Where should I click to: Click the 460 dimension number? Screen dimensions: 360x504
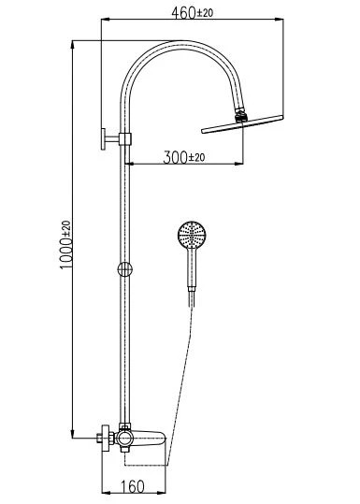(183, 13)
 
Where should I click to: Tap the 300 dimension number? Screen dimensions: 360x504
(176, 157)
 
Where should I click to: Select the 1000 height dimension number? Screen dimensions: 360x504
(66, 253)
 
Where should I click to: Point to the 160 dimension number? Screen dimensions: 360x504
(133, 486)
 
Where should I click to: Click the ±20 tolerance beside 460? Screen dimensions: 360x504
(205, 13)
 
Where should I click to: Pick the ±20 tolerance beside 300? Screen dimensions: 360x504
(196, 157)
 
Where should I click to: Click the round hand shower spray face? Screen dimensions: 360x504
(192, 235)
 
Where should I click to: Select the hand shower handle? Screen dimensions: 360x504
(192, 267)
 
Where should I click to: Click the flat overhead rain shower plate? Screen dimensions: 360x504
(242, 123)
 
